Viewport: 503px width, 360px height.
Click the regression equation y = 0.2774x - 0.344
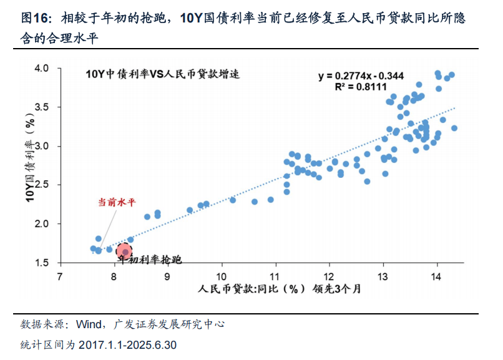361,76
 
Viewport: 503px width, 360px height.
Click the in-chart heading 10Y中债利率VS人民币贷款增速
163,74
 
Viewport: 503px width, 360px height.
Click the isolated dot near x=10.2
233,200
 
